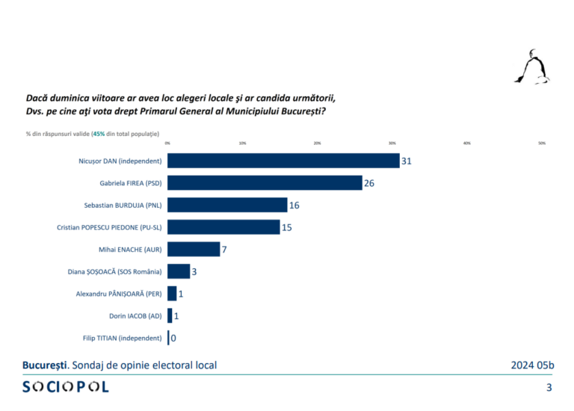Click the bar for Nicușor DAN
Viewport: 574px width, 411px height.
coord(283,161)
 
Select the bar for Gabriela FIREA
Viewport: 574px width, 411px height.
coord(265,183)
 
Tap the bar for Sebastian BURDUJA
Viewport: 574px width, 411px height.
coord(227,205)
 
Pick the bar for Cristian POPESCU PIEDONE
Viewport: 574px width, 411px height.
coord(223,227)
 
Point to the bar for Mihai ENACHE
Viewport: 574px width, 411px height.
coord(194,249)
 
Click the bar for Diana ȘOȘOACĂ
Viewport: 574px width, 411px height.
coord(179,271)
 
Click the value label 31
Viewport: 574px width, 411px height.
coord(407,161)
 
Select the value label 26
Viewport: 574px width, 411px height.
coord(369,183)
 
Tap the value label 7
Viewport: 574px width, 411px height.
coord(224,249)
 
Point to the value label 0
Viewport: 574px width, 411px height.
coord(174,339)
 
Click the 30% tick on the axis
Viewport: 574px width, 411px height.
coord(392,143)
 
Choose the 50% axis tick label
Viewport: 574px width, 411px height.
coord(542,143)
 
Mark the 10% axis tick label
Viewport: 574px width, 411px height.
coord(243,143)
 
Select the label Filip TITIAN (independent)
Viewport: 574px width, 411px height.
coord(122,339)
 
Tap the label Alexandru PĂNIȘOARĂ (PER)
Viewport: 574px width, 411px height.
coord(119,294)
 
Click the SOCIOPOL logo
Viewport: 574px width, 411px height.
coord(66,386)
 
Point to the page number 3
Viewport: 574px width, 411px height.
coord(549,387)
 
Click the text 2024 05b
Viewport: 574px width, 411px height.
coord(533,365)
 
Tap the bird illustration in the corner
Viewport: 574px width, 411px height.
coord(531,67)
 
